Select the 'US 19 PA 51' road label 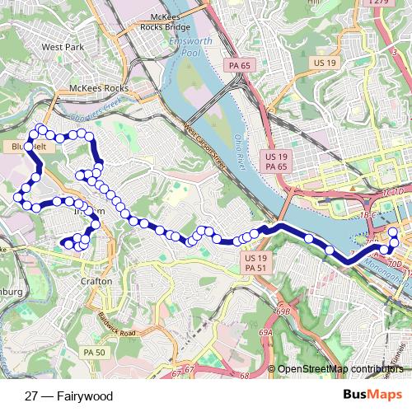[x=255, y=263]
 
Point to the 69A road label [x=266, y=332]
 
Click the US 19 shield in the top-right [x=321, y=62]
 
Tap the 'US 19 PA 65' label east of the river [x=276, y=161]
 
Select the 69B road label [x=285, y=311]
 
